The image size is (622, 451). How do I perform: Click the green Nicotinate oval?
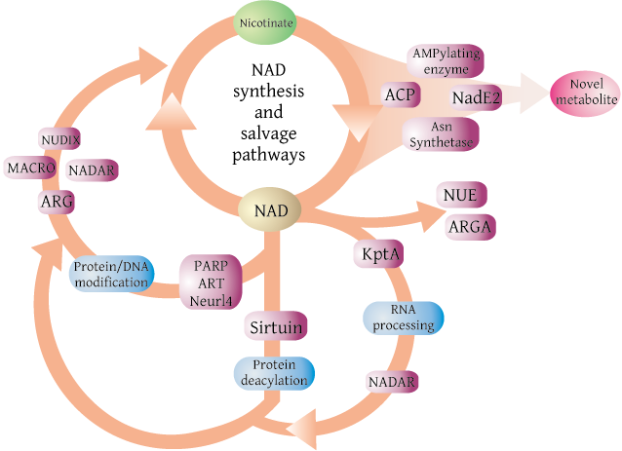266,22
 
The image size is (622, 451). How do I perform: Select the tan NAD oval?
270,209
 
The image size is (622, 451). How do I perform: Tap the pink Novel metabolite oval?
586,94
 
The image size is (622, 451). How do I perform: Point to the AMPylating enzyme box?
446,61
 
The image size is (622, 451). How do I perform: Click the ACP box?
400,94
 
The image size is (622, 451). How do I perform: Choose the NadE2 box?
476,97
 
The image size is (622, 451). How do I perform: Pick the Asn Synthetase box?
441,134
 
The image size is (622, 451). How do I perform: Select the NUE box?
461,195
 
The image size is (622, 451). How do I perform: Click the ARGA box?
470,227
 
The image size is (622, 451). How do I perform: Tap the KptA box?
379,253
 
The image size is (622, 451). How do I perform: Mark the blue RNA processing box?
404,318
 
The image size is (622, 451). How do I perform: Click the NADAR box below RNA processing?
392,382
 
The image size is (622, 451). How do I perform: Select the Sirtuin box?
276,326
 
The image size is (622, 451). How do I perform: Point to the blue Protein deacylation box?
274,373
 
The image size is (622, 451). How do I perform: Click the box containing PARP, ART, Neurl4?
211,282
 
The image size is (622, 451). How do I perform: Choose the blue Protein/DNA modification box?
111,275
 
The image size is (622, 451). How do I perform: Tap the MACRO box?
30,168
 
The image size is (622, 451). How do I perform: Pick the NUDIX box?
60,138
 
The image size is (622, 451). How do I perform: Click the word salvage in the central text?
268,134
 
